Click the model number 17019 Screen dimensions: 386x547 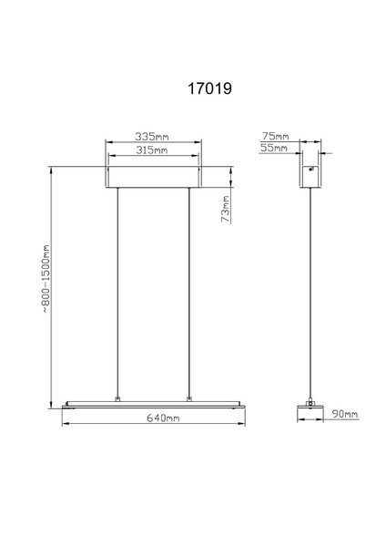pyautogui.click(x=209, y=88)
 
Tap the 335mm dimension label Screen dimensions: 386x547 pyautogui.click(x=152, y=136)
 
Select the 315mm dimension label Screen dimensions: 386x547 pyautogui.click(x=152, y=150)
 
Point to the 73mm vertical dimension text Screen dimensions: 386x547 pyautogui.click(x=226, y=209)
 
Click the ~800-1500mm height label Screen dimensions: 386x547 pyautogui.click(x=46, y=278)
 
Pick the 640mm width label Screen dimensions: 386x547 pyautogui.click(x=163, y=418)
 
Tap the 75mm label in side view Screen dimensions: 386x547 pyautogui.click(x=276, y=136)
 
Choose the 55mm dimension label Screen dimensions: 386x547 pyautogui.click(x=274, y=148)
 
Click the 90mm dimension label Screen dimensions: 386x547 pyautogui.click(x=345, y=414)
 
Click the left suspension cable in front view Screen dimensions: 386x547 pyautogui.click(x=117, y=293)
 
